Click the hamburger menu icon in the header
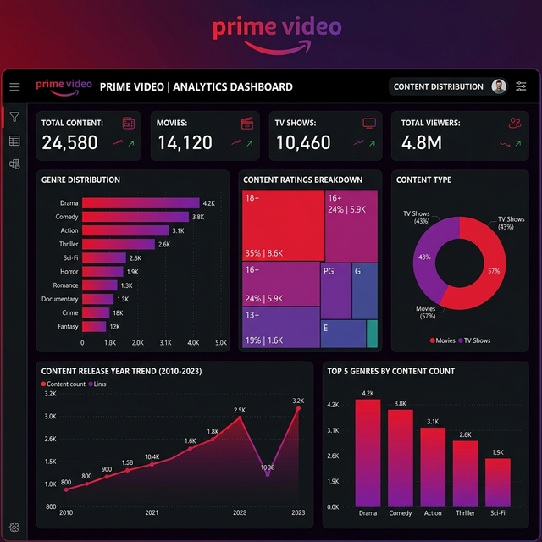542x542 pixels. (x=14, y=86)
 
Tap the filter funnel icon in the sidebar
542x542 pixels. (x=14, y=117)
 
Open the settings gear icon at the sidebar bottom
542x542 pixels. (x=14, y=528)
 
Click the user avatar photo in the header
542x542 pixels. (x=499, y=86)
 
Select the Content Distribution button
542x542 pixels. (x=439, y=86)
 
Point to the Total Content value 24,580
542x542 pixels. (x=70, y=143)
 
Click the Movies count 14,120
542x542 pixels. (x=185, y=143)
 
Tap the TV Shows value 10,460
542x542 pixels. (x=303, y=143)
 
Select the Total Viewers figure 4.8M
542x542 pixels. (x=422, y=143)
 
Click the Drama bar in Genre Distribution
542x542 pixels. (x=141, y=203)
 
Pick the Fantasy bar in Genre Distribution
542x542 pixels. (x=95, y=326)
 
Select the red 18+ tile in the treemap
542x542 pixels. (x=283, y=226)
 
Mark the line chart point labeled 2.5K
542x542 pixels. (x=240, y=418)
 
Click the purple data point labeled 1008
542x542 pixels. (x=268, y=474)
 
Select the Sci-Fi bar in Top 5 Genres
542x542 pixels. (x=498, y=482)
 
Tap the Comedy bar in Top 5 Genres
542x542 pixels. (x=401, y=457)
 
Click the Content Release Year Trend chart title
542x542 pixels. (x=121, y=371)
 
